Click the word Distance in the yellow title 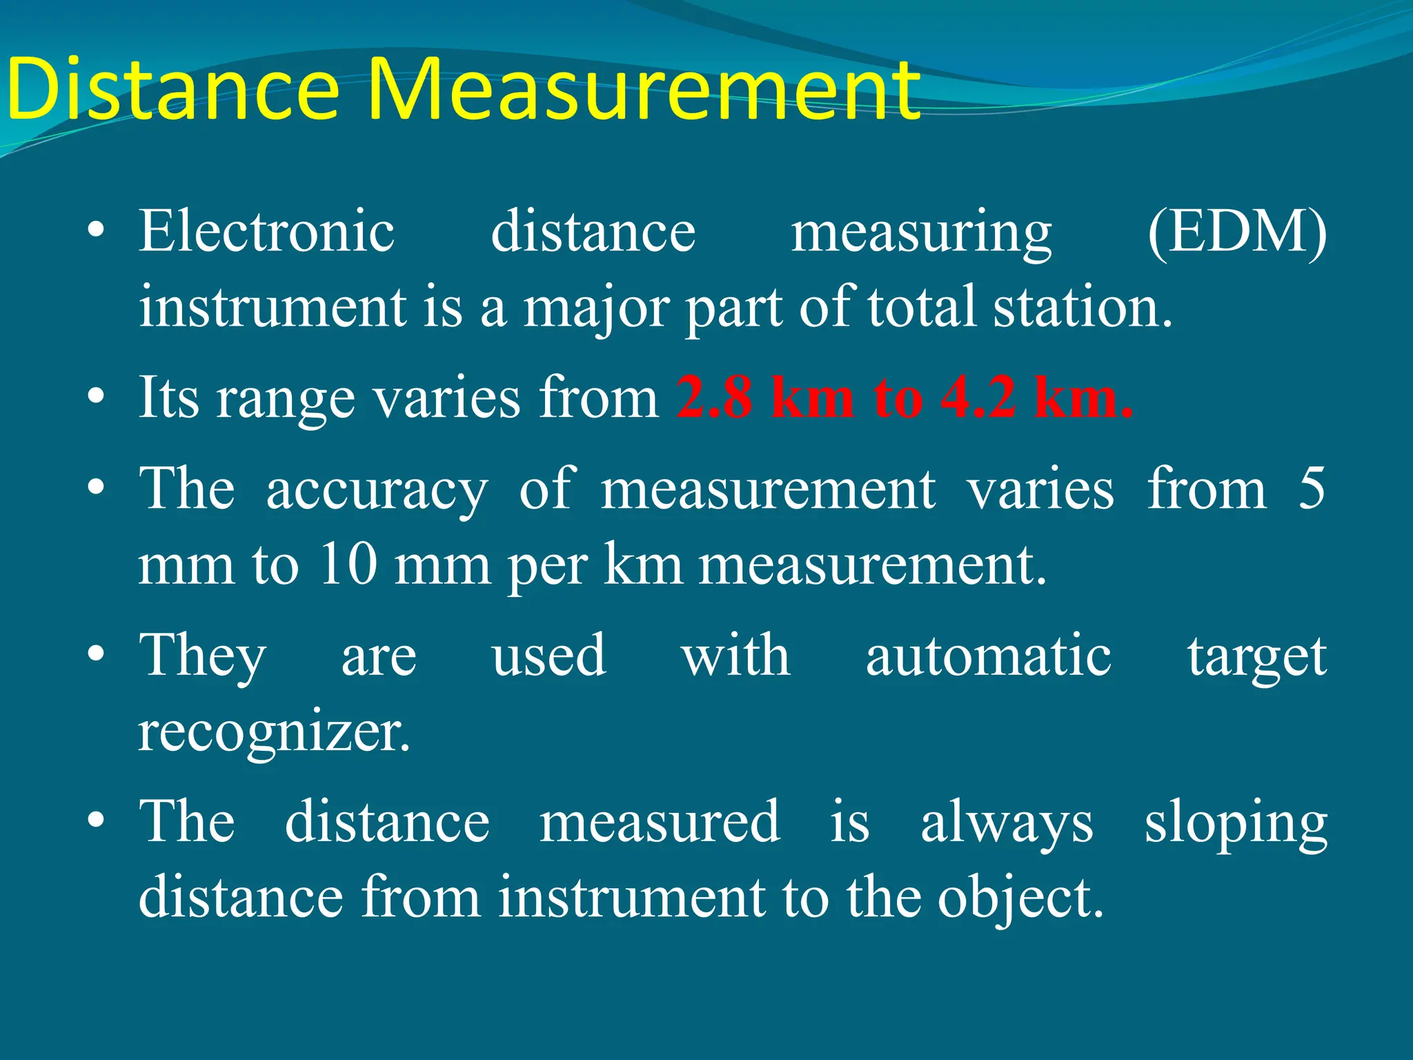click(x=172, y=90)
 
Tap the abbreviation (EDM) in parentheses click(x=1236, y=233)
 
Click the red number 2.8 click(x=713, y=398)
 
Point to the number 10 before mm click(x=348, y=565)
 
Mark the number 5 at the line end click(x=1311, y=489)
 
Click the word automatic click(x=988, y=656)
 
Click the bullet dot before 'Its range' click(x=97, y=397)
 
